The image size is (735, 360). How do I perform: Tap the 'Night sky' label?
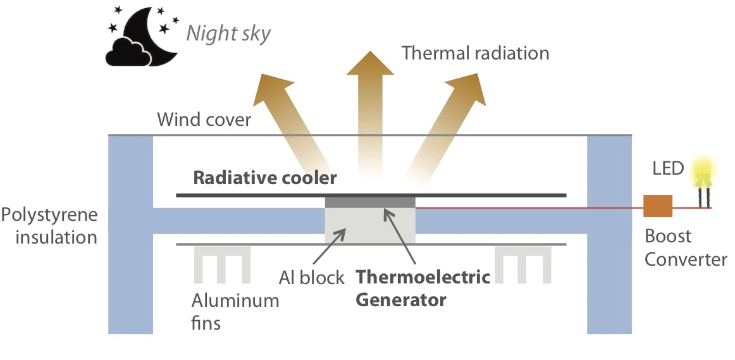(228, 33)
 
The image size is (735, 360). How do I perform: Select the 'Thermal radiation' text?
(476, 53)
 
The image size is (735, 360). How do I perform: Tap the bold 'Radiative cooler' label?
(265, 178)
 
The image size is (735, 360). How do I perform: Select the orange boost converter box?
(658, 208)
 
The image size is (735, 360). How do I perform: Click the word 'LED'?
(669, 168)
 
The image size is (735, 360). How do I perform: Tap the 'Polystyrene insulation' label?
(49, 226)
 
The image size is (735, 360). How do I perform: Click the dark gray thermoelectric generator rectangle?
(370, 201)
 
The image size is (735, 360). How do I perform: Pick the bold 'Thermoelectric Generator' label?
(423, 288)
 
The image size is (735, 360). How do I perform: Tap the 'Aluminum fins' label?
(235, 310)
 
